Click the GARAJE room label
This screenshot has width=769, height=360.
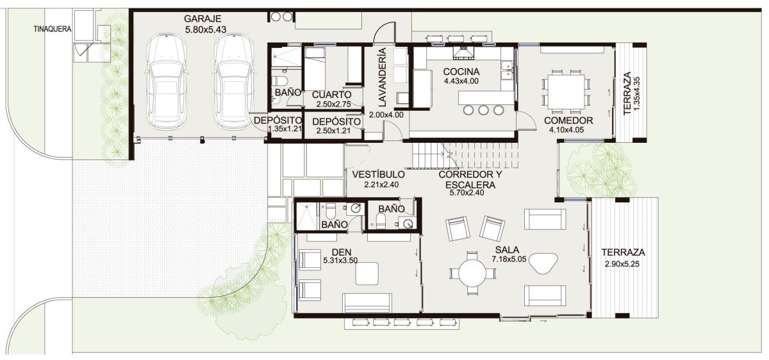click(203, 19)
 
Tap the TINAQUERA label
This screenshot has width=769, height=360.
click(53, 29)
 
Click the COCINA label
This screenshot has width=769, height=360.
click(461, 72)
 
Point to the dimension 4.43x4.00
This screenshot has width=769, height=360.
click(461, 81)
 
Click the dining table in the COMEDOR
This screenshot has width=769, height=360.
click(566, 92)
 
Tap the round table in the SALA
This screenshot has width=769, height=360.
click(473, 273)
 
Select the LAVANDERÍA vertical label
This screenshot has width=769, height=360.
click(382, 77)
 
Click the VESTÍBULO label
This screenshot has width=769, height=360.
click(378, 174)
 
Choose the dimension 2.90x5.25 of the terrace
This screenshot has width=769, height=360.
click(622, 265)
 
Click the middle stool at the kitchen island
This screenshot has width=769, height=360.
click(483, 110)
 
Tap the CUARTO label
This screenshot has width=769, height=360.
click(331, 95)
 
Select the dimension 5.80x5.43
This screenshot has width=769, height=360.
click(206, 30)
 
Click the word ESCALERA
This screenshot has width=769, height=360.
click(470, 185)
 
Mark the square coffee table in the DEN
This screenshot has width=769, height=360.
click(367, 274)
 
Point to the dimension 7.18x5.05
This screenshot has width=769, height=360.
click(509, 259)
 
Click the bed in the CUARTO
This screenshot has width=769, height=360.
click(315, 69)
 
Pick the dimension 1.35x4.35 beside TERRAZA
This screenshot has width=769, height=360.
click(637, 94)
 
